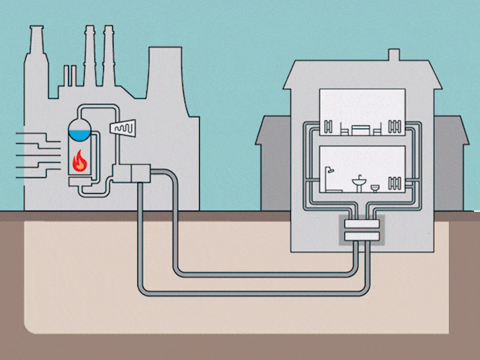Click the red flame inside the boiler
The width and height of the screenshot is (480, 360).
point(79,160)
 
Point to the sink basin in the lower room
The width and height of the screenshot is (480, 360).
point(358,181)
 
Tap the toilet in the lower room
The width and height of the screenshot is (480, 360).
point(375,188)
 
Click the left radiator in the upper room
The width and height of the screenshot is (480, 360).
point(328,127)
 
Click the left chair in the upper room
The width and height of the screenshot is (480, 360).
point(344,129)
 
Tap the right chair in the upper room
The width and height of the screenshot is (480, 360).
point(377,129)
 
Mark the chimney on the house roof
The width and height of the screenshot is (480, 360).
point(394,55)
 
